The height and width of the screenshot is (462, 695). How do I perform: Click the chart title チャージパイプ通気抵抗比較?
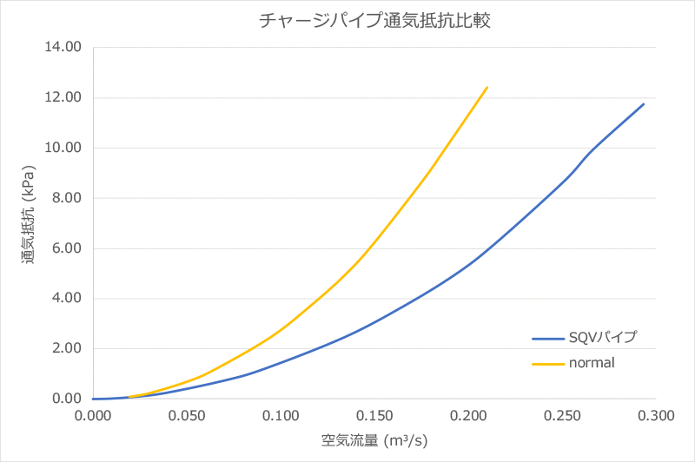[x=375, y=21]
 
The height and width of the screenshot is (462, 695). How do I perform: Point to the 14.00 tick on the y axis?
[x=62, y=47]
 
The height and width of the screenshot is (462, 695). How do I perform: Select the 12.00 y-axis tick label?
[x=62, y=97]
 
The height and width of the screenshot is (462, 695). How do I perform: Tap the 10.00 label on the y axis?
[x=62, y=148]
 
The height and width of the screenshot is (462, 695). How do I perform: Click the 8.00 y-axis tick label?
[x=65, y=198]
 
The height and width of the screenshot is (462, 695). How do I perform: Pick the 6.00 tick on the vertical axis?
[x=65, y=248]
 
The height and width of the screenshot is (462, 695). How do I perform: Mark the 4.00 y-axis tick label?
[x=65, y=299]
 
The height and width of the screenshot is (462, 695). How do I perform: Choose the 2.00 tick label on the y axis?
[x=65, y=349]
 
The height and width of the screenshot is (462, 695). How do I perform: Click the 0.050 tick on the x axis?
[x=186, y=416]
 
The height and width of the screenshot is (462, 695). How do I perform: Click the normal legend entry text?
[x=592, y=363]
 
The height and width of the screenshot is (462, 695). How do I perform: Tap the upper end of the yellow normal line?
[x=487, y=87]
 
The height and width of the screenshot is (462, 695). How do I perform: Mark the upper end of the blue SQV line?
[x=644, y=104]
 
